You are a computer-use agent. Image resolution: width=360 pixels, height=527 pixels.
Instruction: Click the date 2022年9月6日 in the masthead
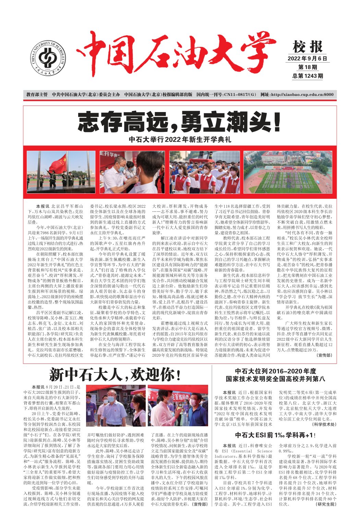click(x=307, y=59)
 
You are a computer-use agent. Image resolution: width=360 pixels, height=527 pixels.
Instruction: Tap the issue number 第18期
click(x=308, y=67)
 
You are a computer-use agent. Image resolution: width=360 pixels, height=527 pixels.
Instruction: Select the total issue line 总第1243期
click(x=308, y=76)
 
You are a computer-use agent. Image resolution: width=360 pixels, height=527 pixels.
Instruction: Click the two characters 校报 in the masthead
click(x=308, y=47)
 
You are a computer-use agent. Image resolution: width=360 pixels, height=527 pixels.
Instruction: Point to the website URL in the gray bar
click(x=297, y=95)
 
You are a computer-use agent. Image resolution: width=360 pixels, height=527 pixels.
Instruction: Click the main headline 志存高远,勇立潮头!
click(x=180, y=122)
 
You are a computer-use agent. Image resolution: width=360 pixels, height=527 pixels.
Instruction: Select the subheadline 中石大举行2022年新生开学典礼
click(x=180, y=139)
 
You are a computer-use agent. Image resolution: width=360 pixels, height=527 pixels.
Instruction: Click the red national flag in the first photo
click(x=58, y=163)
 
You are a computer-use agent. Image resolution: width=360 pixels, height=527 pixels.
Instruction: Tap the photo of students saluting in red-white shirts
click(x=205, y=172)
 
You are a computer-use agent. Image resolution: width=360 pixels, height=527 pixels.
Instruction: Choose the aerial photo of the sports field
click(x=288, y=172)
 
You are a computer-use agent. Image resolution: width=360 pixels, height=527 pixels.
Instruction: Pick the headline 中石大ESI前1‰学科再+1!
click(x=275, y=435)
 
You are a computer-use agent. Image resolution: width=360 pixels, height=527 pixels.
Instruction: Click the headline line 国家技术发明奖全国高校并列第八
click(x=275, y=379)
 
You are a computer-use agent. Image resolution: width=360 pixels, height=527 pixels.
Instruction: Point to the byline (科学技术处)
click(x=324, y=424)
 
